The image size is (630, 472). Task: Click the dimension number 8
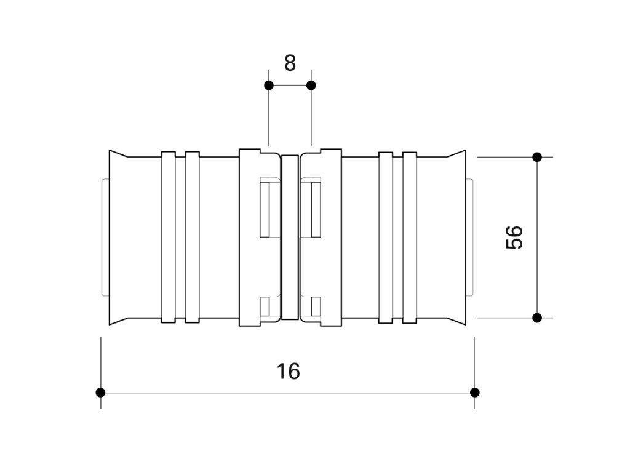tap(290, 63)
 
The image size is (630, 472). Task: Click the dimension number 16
tap(288, 372)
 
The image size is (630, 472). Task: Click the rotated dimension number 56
tap(515, 238)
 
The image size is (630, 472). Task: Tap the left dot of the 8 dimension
tap(269, 86)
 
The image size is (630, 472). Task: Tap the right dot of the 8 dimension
tap(311, 86)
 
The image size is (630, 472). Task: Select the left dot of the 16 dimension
tap(100, 393)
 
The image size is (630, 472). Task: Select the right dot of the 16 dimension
tap(474, 393)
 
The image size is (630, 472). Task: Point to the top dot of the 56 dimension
tap(537, 157)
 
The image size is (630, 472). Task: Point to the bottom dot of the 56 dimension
tap(537, 318)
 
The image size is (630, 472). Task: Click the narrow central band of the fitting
tap(290, 237)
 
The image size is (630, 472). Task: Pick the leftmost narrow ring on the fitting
tap(169, 237)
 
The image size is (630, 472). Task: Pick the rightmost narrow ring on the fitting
tap(410, 237)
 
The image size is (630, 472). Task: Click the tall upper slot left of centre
tap(265, 209)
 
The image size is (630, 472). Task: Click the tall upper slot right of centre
tap(316, 209)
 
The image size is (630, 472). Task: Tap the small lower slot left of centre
tap(265, 306)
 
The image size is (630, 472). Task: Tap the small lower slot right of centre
tap(316, 306)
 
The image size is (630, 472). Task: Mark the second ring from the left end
tap(193, 237)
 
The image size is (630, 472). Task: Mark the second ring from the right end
tap(386, 237)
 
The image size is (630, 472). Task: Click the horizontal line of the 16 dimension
tap(288, 393)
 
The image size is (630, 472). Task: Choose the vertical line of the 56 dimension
tap(537, 237)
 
